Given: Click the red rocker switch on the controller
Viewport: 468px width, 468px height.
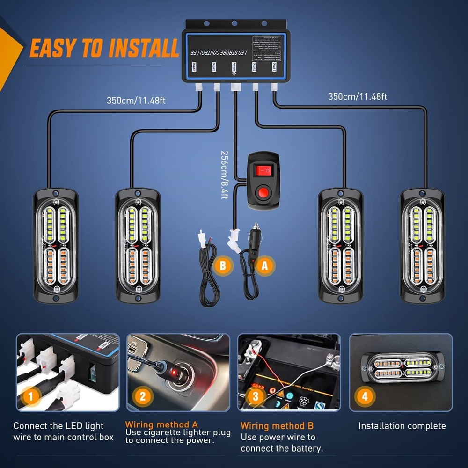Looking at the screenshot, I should pos(262,170).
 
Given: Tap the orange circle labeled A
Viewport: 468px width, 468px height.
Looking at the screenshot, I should pos(265,265).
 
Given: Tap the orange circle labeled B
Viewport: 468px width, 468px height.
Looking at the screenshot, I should pos(223,266).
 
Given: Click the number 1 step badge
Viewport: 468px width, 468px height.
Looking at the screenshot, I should pos(31,397).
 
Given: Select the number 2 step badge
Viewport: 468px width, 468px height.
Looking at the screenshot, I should pos(143,397).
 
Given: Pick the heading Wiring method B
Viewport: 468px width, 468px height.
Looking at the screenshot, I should pos(277,426).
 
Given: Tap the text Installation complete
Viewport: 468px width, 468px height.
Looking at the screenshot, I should pos(402,426).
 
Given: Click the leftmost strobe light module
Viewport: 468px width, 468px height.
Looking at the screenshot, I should pos(56,246).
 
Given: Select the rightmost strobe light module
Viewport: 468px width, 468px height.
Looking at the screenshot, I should pos(422,246).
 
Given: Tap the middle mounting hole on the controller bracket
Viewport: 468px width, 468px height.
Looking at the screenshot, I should pos(234,23).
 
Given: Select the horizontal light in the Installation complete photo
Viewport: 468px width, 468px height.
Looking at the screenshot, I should pos(403,367).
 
